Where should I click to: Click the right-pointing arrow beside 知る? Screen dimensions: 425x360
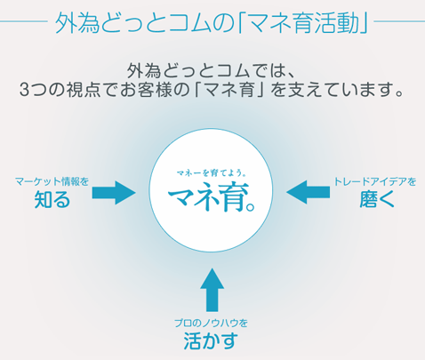tap(114, 193)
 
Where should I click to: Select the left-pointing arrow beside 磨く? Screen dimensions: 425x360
tap(309, 192)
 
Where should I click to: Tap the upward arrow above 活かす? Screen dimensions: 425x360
tap(212, 290)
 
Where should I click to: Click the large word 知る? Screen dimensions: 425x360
tap(52, 199)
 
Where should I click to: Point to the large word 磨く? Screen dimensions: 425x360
tap(377, 199)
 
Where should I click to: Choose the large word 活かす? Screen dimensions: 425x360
tap(211, 340)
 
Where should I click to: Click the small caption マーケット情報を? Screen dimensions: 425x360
tap(52, 181)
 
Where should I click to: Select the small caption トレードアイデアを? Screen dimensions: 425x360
tap(375, 181)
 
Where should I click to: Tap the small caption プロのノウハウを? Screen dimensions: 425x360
tap(211, 323)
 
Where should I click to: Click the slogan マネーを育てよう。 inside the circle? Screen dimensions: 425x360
tap(211, 173)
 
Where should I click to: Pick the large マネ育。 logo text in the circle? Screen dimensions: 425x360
tap(212, 198)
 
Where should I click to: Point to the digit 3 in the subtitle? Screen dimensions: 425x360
tap(24, 90)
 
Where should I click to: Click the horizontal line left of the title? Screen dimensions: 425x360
tap(24, 21)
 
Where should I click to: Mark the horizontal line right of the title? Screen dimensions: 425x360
tap(399, 21)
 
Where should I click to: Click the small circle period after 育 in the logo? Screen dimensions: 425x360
tap(251, 207)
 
